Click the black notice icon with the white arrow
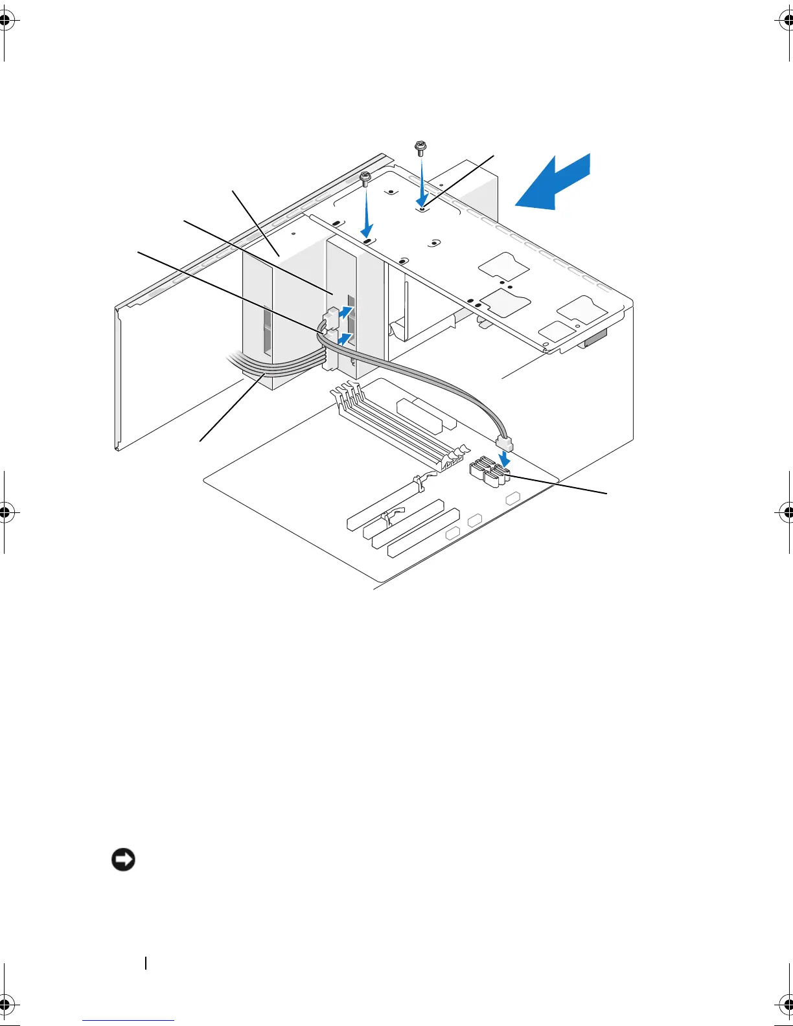point(123,860)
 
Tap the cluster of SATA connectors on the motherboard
point(488,472)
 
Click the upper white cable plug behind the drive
point(330,317)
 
